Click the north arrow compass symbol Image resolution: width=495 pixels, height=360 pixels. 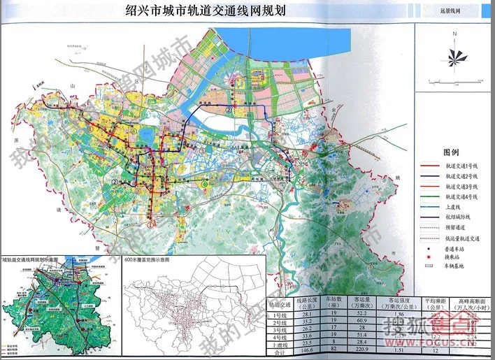[x=455, y=53]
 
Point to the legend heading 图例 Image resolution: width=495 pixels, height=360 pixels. [x=450, y=152]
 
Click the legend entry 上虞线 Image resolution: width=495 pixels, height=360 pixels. [x=452, y=208]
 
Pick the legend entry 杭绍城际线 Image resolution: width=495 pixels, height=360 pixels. [x=457, y=217]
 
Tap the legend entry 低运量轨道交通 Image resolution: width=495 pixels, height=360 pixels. [x=462, y=238]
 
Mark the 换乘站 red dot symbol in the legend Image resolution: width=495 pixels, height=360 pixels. [x=426, y=258]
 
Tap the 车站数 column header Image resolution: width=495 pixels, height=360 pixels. [x=333, y=305]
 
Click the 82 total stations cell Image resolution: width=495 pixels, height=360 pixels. [x=333, y=354]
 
